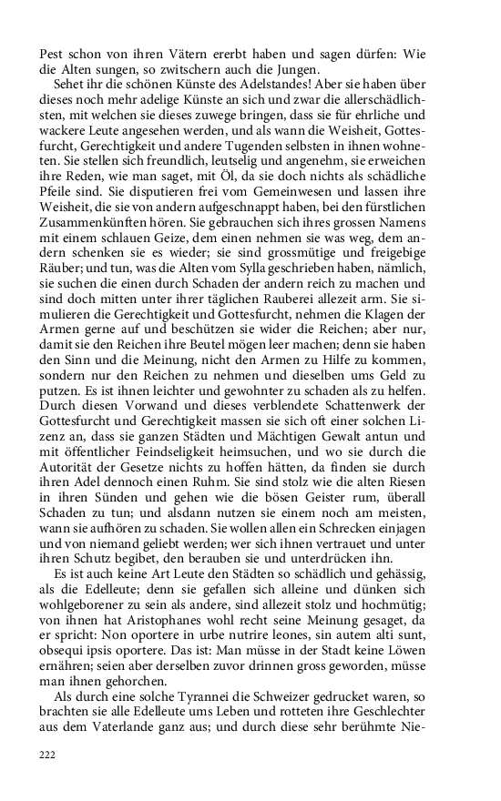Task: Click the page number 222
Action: click(x=47, y=755)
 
